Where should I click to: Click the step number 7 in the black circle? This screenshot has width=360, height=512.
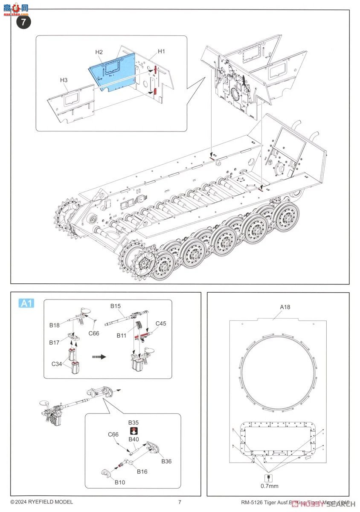[x=23, y=22]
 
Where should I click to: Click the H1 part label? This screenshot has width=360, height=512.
[x=161, y=51]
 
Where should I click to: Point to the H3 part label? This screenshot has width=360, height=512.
[x=64, y=80]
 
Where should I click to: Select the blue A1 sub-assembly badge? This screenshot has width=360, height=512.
[x=26, y=303]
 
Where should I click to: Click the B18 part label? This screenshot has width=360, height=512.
[x=54, y=326]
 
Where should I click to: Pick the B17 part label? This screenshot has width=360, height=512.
[x=54, y=342]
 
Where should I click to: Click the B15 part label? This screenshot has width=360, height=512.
[x=116, y=306]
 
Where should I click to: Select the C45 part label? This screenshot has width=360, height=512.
[x=160, y=323]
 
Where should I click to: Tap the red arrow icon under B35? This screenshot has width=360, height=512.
[x=134, y=430]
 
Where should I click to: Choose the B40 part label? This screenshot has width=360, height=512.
[x=134, y=439]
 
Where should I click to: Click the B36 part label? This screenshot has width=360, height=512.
[x=166, y=462]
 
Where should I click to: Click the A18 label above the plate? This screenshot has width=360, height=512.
[x=285, y=307]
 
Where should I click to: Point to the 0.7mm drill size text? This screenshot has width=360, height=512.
[x=269, y=486]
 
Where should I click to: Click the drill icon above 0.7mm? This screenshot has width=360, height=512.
[x=269, y=477]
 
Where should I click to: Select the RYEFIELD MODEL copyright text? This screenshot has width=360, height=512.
[x=41, y=502]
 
